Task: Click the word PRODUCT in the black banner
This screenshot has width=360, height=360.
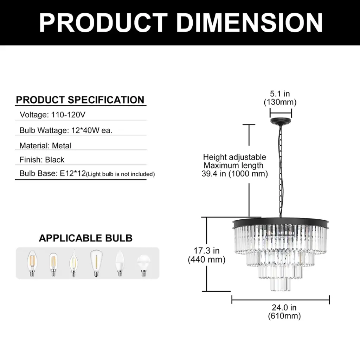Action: [x=103, y=22]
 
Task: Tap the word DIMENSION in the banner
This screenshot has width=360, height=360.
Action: [x=250, y=22]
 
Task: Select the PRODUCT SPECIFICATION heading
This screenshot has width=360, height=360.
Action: [x=80, y=100]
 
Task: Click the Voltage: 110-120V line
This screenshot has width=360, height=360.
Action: [x=53, y=115]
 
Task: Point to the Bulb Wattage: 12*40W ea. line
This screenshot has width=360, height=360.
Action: [x=66, y=130]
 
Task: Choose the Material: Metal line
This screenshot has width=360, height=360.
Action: [x=45, y=146]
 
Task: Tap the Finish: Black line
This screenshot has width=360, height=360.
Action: [x=42, y=160]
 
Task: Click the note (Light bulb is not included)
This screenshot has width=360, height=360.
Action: [x=120, y=174]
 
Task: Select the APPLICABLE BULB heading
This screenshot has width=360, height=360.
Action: [x=86, y=238]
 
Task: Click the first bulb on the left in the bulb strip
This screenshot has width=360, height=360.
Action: [x=32, y=263]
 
